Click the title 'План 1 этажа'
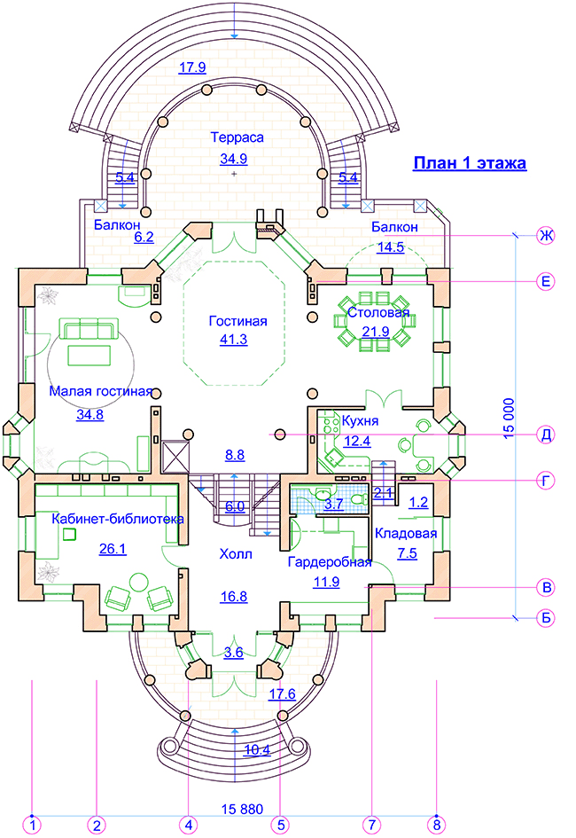click(x=470, y=163)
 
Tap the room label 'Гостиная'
click(x=237, y=321)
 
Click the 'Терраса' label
click(x=237, y=137)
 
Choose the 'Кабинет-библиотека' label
click(x=117, y=518)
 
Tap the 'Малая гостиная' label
click(x=101, y=391)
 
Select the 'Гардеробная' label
click(x=329, y=562)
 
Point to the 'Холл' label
click(x=236, y=554)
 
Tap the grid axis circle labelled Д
click(x=548, y=435)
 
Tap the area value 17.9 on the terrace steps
click(x=192, y=67)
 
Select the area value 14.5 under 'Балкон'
click(x=390, y=247)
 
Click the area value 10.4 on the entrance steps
click(x=258, y=750)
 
